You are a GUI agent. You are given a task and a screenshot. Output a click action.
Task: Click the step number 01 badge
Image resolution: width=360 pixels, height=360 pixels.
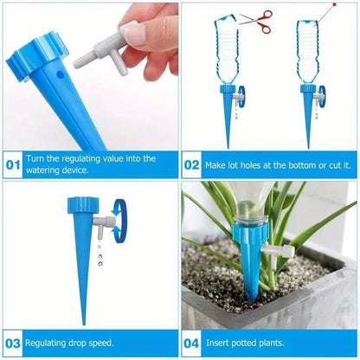click(13, 163)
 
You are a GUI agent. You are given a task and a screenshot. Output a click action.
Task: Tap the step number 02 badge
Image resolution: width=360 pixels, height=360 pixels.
click(192, 163)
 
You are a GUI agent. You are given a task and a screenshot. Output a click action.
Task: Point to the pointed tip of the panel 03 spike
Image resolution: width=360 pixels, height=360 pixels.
click(83, 322)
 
